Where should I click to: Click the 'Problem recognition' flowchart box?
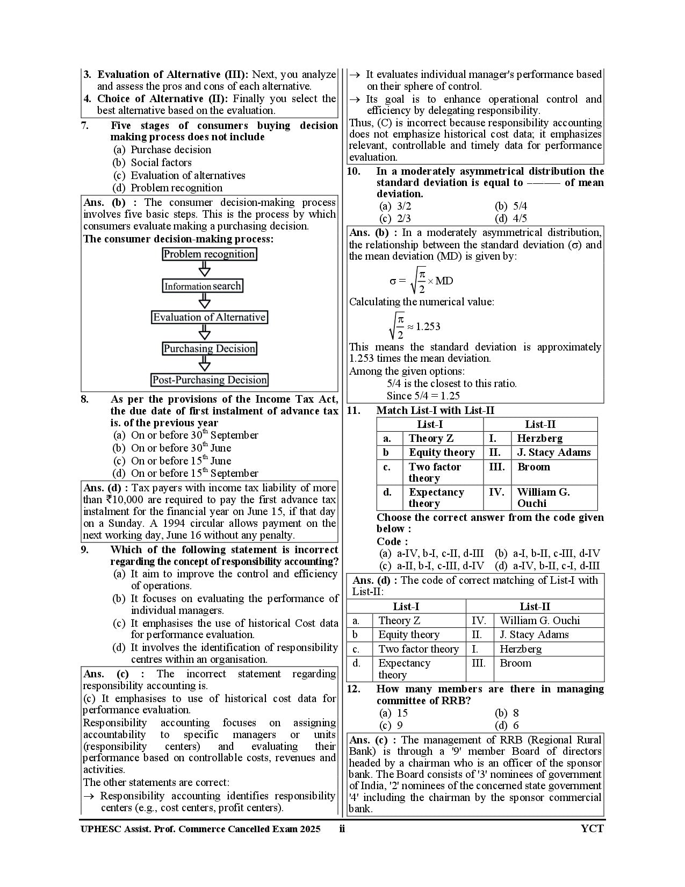coord(209,254)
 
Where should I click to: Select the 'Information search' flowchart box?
coord(203,286)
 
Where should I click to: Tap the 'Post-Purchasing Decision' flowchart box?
coord(210,380)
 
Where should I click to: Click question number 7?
coord(85,125)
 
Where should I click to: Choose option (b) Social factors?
coord(161,162)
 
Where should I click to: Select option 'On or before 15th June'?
coord(181,461)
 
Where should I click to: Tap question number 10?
coord(354,171)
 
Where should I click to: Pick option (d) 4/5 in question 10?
coord(510,218)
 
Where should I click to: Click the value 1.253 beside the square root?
coord(428,326)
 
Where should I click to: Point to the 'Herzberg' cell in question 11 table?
coord(539,438)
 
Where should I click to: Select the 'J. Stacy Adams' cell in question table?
coord(553,452)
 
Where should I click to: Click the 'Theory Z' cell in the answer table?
coord(399,620)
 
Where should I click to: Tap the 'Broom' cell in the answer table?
coord(515,663)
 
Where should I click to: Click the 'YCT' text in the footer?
coord(592,828)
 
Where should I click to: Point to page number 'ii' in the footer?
coord(342,828)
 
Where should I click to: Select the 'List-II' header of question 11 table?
coord(540,424)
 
